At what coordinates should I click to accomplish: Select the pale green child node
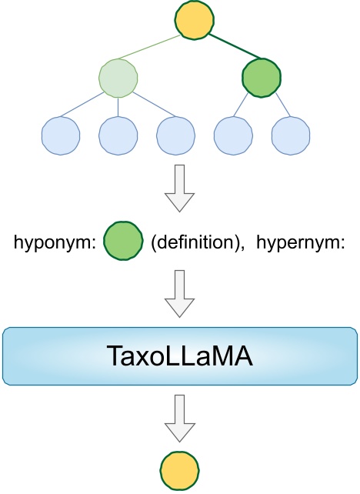[x=119, y=78]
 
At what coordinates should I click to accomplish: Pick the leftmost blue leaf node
[x=62, y=135]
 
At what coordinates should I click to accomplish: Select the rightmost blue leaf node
[x=292, y=135]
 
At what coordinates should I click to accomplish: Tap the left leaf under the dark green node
[x=234, y=135]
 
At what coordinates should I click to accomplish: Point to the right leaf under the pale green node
[x=176, y=135]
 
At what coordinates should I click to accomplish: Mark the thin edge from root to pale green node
[x=157, y=49]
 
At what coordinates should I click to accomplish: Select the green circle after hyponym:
[x=123, y=242]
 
